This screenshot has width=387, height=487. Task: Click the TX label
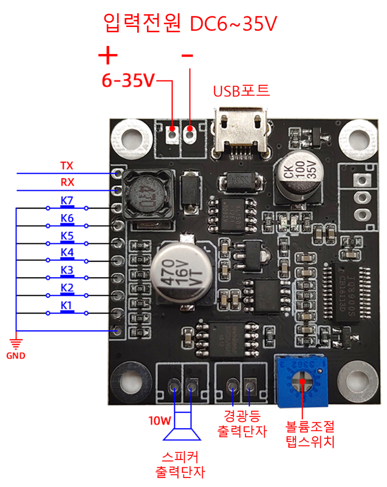coord(67,166)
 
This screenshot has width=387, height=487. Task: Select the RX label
coord(67,183)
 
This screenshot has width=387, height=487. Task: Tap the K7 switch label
coord(67,201)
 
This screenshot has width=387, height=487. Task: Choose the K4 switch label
coord(67,253)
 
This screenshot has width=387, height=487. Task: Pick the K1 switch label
coord(67,305)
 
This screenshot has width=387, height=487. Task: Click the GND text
coord(16,356)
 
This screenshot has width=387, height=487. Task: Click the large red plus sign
coord(108,55)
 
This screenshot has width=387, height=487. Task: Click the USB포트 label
coord(241,91)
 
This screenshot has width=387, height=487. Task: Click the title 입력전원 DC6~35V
coord(191,24)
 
